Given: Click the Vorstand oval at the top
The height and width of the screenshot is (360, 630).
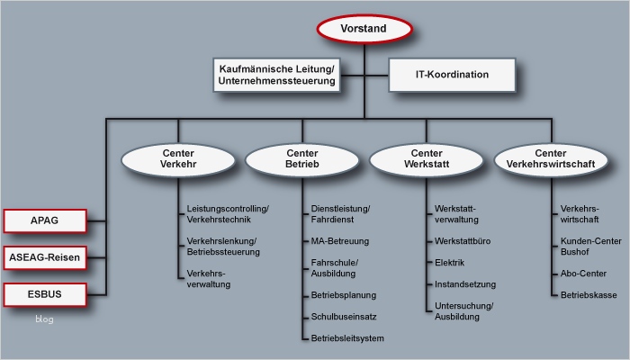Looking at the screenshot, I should [x=363, y=29].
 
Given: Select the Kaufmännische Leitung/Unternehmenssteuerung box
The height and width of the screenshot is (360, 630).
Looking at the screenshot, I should [x=276, y=75].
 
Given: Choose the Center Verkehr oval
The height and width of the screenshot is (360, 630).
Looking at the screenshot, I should [x=177, y=159].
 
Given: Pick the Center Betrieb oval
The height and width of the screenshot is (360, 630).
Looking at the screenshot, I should [x=301, y=159].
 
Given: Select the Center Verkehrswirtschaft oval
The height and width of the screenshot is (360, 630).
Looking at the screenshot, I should [x=550, y=159].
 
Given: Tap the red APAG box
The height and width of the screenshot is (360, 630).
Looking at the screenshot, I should [x=45, y=220].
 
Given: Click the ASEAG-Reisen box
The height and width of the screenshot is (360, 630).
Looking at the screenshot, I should [x=45, y=258].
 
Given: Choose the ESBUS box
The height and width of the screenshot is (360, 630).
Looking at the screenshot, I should [x=45, y=294].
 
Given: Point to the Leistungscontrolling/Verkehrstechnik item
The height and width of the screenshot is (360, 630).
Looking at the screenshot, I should [x=227, y=213].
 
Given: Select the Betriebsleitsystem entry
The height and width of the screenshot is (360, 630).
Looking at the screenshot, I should [x=347, y=338].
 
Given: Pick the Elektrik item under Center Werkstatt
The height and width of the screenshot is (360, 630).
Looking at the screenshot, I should [x=451, y=262].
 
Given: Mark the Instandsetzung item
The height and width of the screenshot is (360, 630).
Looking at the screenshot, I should [x=464, y=283].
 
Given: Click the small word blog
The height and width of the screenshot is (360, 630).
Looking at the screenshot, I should [x=45, y=319].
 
